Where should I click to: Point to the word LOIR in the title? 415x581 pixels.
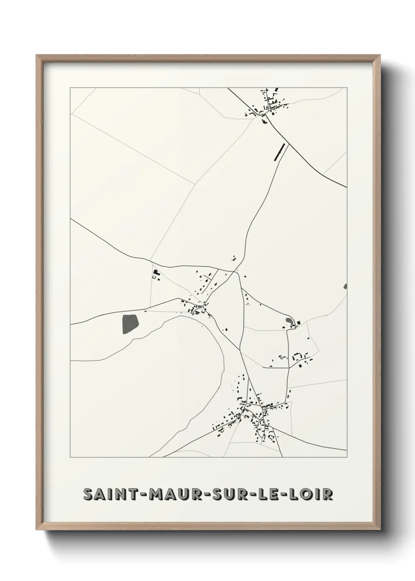pos(312,494)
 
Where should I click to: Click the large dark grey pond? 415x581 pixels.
pos(131,324)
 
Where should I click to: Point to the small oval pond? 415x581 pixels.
pos(289,322)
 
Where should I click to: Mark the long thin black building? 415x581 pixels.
pos(280,152)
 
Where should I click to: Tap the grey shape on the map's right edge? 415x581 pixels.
pos(345,287)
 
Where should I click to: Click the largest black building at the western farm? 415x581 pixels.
pos(156,272)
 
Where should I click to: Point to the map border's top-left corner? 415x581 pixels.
pos(70,88)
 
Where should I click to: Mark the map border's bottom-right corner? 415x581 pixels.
pos(347,457)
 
